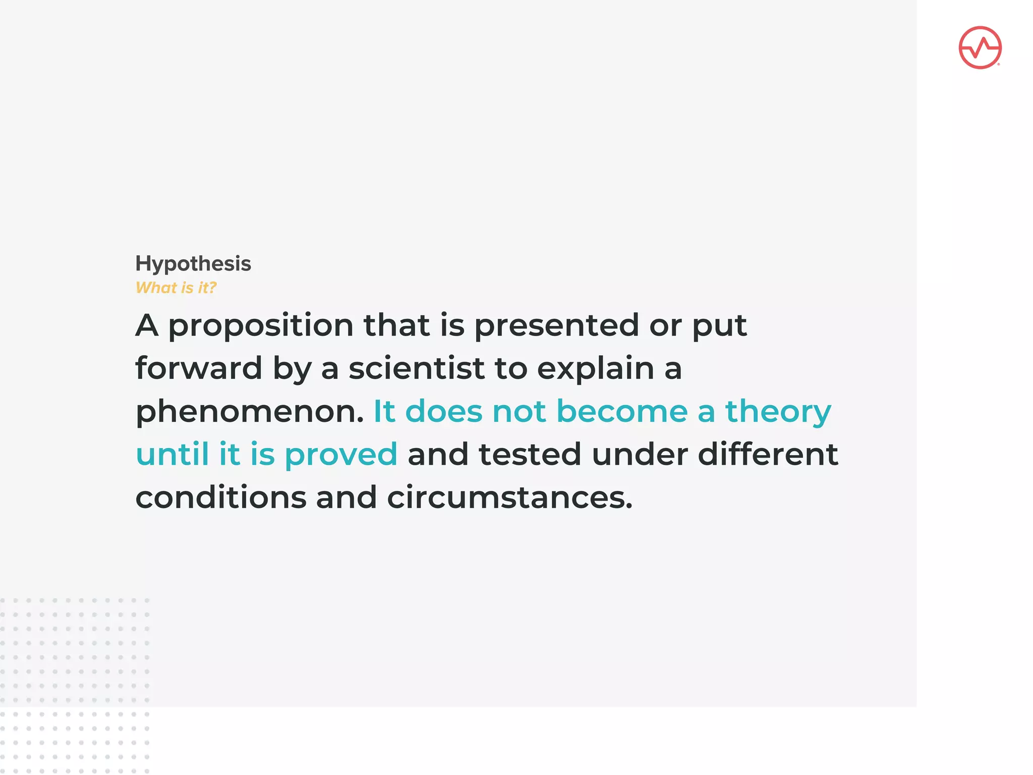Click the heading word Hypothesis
pos(193,264)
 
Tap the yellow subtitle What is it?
pos(176,288)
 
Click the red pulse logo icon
pos(980,48)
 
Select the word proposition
pos(260,326)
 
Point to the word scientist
pos(417,368)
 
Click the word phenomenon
pos(249,412)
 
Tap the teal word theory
pos(778,412)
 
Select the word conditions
pos(221,497)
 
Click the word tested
pos(530,454)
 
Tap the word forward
pos(199,368)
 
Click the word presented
pos(556,326)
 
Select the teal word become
pos(622,411)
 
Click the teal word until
pos(172,454)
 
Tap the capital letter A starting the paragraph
pos(147,325)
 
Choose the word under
pos(640,454)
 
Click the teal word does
pos(443,411)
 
